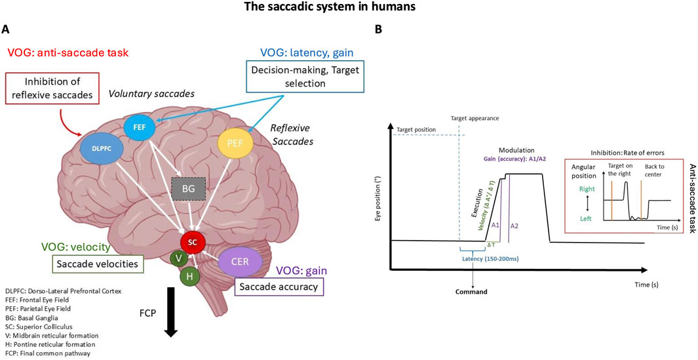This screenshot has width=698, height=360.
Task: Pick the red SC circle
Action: (x=191, y=241)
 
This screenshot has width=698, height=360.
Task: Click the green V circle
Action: (x=178, y=258)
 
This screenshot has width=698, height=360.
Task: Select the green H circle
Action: (x=189, y=276)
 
